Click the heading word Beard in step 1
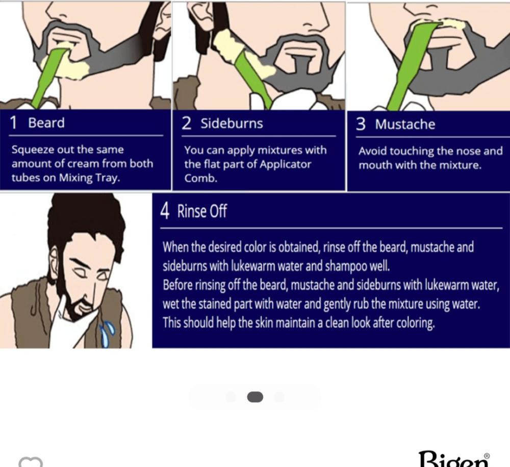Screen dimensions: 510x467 coord(46,122)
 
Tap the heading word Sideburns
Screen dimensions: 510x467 coord(232,124)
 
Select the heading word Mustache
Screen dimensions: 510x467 coord(405,125)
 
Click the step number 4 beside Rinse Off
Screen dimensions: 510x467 coord(165,211)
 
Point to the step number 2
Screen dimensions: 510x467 coord(186,124)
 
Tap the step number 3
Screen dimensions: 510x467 coord(361,124)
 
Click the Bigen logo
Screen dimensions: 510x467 coord(454,459)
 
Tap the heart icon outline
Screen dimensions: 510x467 coord(31,462)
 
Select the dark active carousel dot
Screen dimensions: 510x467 coord(255,397)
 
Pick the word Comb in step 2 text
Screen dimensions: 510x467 coord(200,178)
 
